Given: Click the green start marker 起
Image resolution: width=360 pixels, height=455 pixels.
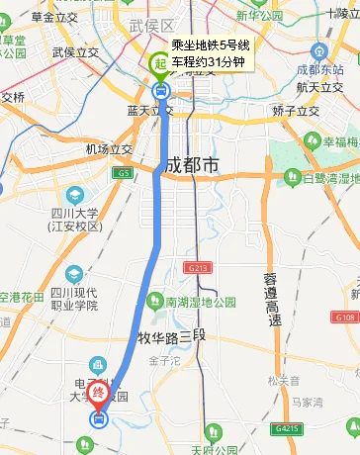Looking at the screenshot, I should (158, 64).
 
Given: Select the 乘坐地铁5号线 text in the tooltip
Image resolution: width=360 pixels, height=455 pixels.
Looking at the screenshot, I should (210, 45).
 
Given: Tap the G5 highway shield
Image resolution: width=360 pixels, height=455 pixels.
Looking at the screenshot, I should (122, 173).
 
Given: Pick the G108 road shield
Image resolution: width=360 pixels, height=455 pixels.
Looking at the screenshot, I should (345, 317).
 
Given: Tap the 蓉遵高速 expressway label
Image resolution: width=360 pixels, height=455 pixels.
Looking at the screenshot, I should (273, 298).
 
